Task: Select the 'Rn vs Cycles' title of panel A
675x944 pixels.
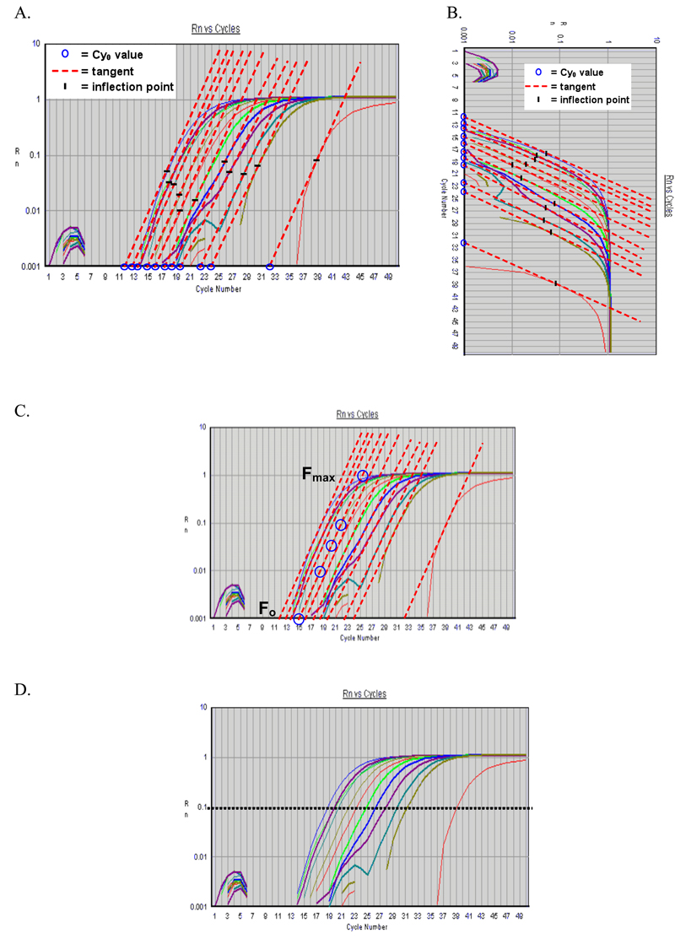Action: click(215, 29)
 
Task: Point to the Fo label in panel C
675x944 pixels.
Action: click(265, 607)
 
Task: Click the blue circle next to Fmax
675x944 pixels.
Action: click(363, 476)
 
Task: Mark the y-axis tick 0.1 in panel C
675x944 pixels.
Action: click(202, 523)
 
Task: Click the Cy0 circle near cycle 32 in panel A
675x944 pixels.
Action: click(270, 267)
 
